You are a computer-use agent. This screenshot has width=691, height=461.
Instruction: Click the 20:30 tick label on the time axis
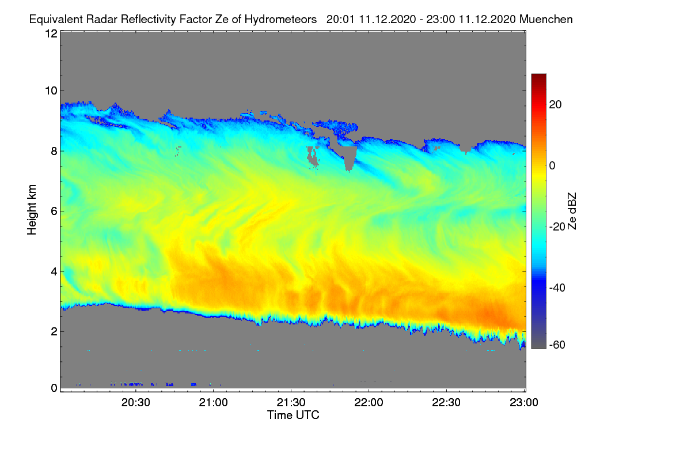(x=136, y=402)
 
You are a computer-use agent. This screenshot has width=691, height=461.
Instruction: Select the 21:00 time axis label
(x=214, y=402)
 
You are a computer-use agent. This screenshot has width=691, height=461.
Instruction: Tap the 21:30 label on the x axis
(x=291, y=402)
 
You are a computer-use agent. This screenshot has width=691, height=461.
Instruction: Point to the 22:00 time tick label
(x=369, y=402)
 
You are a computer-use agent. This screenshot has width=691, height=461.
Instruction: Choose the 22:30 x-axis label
(x=446, y=402)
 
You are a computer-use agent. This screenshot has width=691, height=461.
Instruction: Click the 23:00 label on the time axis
(x=524, y=402)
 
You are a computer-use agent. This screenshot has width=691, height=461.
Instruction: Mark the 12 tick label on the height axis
(x=51, y=33)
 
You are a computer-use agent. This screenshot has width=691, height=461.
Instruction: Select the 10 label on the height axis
(x=51, y=91)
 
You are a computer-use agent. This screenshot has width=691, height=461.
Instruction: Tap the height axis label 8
(x=54, y=151)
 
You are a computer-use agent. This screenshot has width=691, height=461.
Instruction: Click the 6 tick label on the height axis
(x=54, y=211)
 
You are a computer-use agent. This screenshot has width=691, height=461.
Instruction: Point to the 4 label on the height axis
(x=54, y=272)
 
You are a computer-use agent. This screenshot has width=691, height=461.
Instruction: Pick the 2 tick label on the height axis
(x=54, y=331)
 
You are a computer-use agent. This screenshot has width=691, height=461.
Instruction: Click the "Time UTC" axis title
(x=293, y=415)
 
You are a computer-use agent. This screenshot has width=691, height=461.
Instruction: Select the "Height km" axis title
(x=32, y=210)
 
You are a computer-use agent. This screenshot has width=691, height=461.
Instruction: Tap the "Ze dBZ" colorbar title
(x=572, y=211)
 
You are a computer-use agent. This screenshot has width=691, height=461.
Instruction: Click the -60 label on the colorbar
(x=557, y=345)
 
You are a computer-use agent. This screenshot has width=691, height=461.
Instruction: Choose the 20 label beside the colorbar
(x=555, y=105)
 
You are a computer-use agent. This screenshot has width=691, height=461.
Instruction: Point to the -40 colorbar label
(x=557, y=288)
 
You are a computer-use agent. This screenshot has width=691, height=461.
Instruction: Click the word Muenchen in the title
(x=546, y=20)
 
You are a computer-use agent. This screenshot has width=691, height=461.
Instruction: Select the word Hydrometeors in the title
(x=281, y=20)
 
